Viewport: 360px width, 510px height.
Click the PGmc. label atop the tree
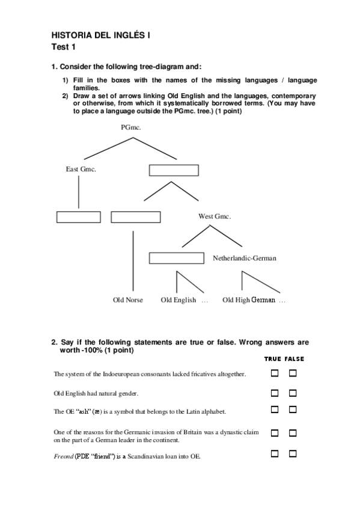coord(130,127)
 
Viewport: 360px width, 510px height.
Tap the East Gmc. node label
coord(81,169)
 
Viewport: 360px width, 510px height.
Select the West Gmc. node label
coord(215,217)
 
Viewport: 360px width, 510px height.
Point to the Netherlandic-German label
coord(245,258)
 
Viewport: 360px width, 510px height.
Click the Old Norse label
coord(128,300)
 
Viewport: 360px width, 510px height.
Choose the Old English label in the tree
coord(178,300)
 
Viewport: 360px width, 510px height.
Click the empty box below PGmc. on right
coord(174,170)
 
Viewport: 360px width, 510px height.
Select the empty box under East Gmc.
coord(79,217)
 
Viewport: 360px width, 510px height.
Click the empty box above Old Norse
coord(136,217)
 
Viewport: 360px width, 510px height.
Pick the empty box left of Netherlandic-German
coord(177,258)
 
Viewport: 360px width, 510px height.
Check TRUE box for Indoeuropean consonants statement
coord(275,373)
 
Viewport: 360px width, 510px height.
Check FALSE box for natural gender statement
coord(293,393)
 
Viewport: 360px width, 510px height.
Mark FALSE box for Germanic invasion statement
coord(293,433)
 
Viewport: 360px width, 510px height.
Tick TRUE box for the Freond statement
coord(275,454)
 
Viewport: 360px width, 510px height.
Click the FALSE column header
coord(294,359)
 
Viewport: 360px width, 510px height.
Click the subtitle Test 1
coord(63,47)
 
